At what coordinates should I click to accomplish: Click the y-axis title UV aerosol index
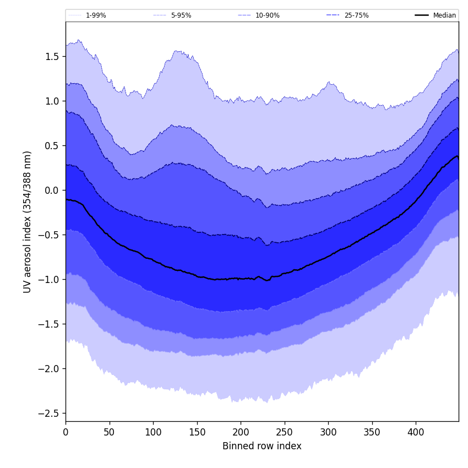coord(28,221)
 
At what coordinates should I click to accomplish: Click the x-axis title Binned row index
coord(262,446)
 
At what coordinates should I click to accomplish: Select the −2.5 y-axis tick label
coord(49,413)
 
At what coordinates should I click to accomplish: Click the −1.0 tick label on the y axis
coord(49,280)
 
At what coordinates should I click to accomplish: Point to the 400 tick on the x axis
coord(416,433)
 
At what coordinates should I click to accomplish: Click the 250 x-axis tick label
coord(284,433)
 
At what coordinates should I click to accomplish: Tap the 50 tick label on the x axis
coord(109,433)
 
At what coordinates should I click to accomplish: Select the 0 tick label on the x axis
coord(66,433)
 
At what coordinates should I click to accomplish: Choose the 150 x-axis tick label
coord(197,433)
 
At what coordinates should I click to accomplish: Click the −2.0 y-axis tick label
coord(49,368)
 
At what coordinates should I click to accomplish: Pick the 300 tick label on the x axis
coord(328,433)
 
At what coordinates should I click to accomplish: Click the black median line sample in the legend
coord(422,15)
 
